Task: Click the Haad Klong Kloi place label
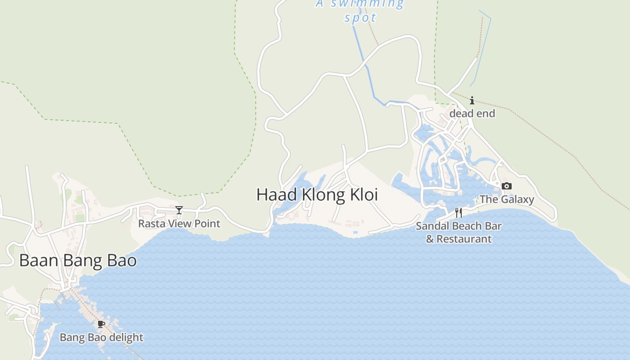click(317, 195)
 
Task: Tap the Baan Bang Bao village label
click(78, 261)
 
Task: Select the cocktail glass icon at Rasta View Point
click(179, 210)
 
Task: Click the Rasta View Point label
click(179, 224)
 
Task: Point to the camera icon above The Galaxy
click(506, 186)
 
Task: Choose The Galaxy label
click(507, 199)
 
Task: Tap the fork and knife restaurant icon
click(458, 212)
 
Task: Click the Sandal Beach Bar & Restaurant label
click(459, 232)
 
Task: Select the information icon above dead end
click(472, 100)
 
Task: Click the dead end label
click(472, 113)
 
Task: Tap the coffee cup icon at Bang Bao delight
click(101, 324)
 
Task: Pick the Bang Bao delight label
click(101, 337)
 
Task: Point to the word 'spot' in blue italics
click(360, 18)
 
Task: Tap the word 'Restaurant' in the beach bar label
click(464, 239)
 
